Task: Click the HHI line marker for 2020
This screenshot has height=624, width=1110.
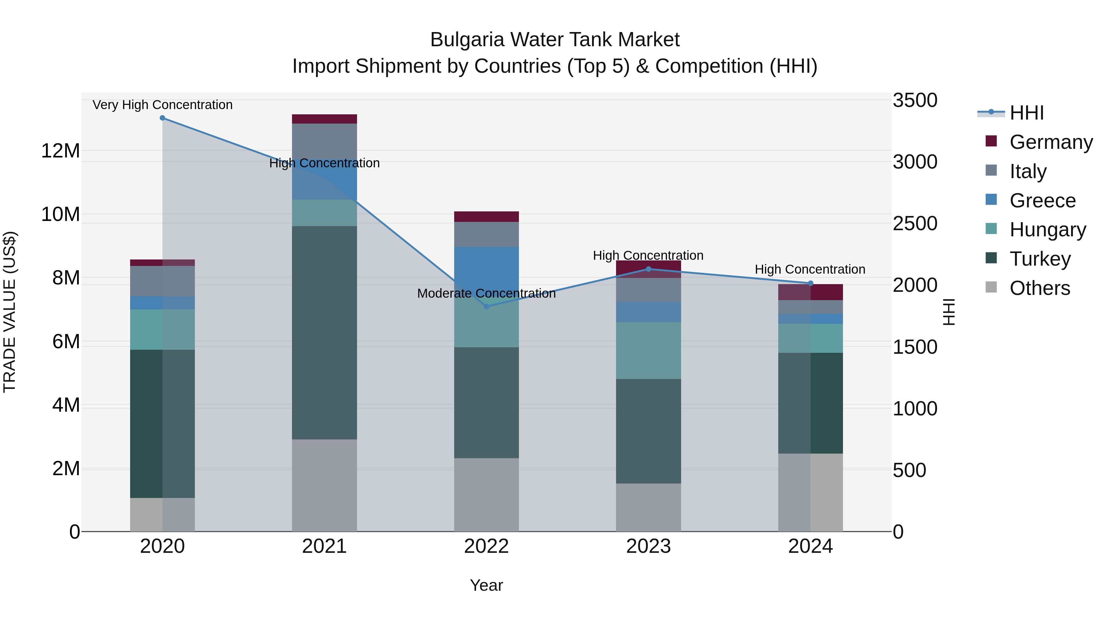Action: [x=162, y=118]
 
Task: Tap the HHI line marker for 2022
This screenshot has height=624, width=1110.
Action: [x=487, y=307]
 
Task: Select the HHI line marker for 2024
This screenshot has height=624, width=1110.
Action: [x=811, y=283]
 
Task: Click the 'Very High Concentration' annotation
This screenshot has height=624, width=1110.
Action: [x=162, y=105]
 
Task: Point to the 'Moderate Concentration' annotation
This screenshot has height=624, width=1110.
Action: [x=487, y=294]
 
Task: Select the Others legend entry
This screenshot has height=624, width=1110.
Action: [x=1039, y=288]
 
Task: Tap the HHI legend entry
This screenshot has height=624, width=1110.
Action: [x=1026, y=113]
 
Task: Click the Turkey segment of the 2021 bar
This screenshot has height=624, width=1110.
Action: [x=324, y=332]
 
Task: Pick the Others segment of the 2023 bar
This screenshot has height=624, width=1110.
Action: [x=648, y=507]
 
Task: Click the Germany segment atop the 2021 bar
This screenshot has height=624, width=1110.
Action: [x=324, y=119]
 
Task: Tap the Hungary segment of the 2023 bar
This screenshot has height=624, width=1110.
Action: [x=648, y=351]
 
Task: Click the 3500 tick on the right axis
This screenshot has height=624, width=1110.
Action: [x=915, y=100]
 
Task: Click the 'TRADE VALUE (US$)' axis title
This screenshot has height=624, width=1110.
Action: [x=10, y=312]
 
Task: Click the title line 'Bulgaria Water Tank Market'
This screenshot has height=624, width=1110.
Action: [x=555, y=40]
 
